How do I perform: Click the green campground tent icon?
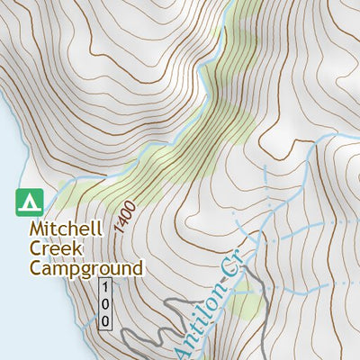(x=31, y=202)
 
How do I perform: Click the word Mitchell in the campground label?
(x=68, y=229)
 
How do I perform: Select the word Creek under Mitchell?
(x=52, y=248)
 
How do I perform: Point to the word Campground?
(x=85, y=268)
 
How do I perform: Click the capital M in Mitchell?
(x=38, y=229)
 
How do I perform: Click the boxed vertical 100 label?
(x=105, y=304)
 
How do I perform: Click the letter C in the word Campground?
(x=37, y=267)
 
